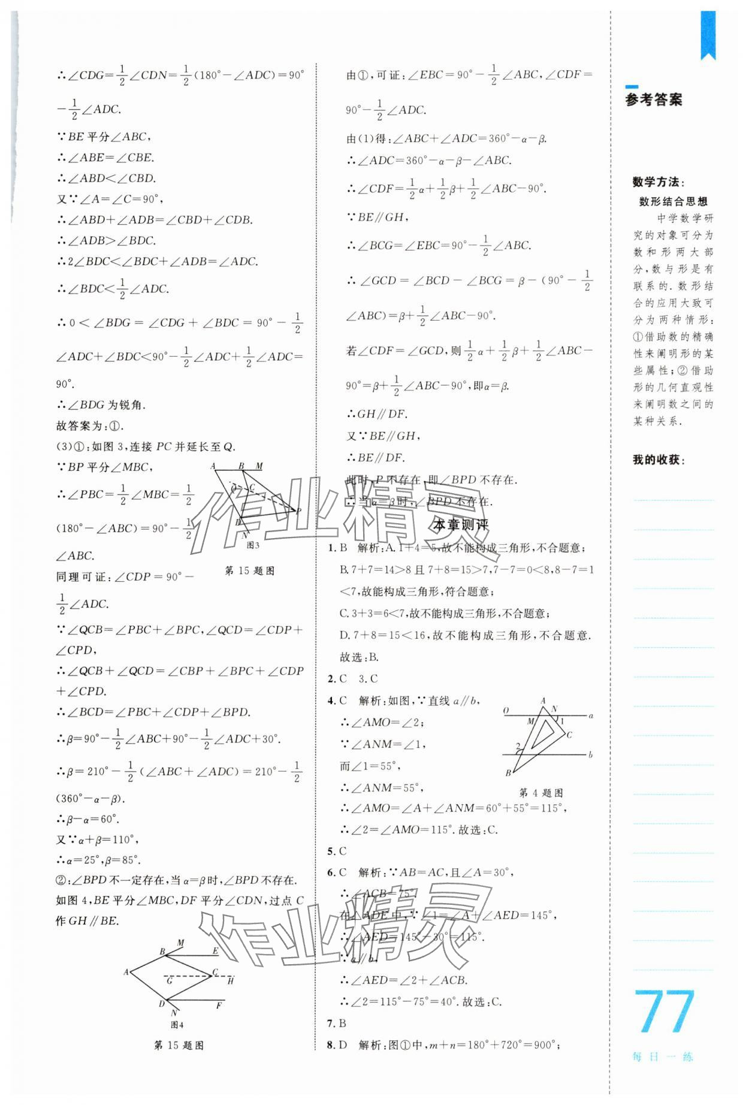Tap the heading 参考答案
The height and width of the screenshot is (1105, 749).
(x=653, y=100)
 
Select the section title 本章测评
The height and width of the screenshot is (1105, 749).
(x=461, y=525)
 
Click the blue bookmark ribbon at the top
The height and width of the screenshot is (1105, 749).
(x=708, y=35)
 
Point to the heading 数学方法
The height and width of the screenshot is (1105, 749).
(x=658, y=182)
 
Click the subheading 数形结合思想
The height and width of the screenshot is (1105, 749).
(x=673, y=201)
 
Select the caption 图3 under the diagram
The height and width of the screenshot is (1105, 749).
(x=253, y=545)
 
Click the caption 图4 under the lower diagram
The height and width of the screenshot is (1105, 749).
(x=177, y=1025)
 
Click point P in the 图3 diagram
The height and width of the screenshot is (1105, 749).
(x=298, y=511)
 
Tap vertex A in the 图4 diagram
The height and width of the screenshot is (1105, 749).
(x=126, y=972)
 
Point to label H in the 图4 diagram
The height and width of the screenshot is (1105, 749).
(x=230, y=981)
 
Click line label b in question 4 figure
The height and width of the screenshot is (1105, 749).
(x=590, y=754)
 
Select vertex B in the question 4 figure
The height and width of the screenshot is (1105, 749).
(x=508, y=773)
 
